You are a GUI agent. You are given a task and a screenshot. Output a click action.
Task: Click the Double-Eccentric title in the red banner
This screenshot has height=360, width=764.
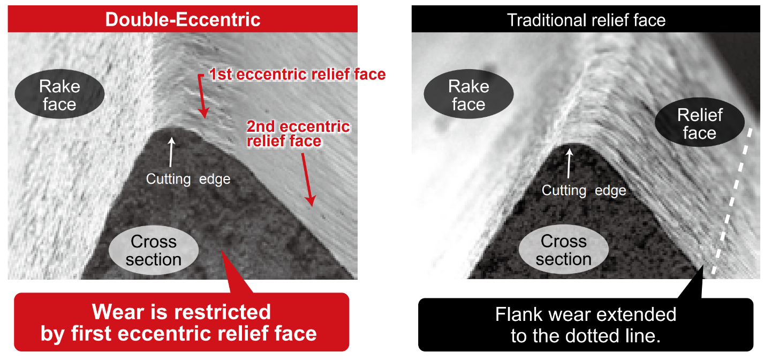tap(183, 20)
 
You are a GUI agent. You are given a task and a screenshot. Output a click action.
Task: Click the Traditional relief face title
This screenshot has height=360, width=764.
tap(586, 20)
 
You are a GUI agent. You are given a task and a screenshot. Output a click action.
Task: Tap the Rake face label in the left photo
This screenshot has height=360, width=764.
tap(59, 95)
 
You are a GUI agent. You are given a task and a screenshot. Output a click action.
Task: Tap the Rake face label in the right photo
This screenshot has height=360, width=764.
tap(468, 95)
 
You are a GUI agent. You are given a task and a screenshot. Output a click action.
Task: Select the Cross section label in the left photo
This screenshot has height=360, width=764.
tap(154, 250)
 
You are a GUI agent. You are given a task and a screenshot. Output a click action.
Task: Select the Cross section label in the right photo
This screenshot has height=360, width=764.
tap(563, 250)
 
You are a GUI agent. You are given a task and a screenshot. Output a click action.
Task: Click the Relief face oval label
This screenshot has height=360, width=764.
tap(699, 124)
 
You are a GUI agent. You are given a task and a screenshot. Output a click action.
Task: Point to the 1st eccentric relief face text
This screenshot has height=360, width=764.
tap(297, 74)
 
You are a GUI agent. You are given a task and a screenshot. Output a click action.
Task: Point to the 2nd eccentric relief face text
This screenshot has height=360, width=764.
tap(298, 134)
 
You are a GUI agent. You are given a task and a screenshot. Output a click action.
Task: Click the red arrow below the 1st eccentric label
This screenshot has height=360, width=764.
tap(201, 96)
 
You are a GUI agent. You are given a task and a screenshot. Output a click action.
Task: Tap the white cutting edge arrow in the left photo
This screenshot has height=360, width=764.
tap(171, 152)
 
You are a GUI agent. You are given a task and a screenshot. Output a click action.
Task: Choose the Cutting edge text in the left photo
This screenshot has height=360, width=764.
tap(188, 179)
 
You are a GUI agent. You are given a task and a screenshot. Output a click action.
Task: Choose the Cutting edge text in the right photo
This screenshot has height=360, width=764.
tap(584, 190)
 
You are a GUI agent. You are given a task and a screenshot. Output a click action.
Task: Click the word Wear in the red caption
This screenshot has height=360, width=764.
tap(118, 312)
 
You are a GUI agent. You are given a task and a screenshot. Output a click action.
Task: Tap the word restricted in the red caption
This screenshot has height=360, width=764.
tap(219, 312)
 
